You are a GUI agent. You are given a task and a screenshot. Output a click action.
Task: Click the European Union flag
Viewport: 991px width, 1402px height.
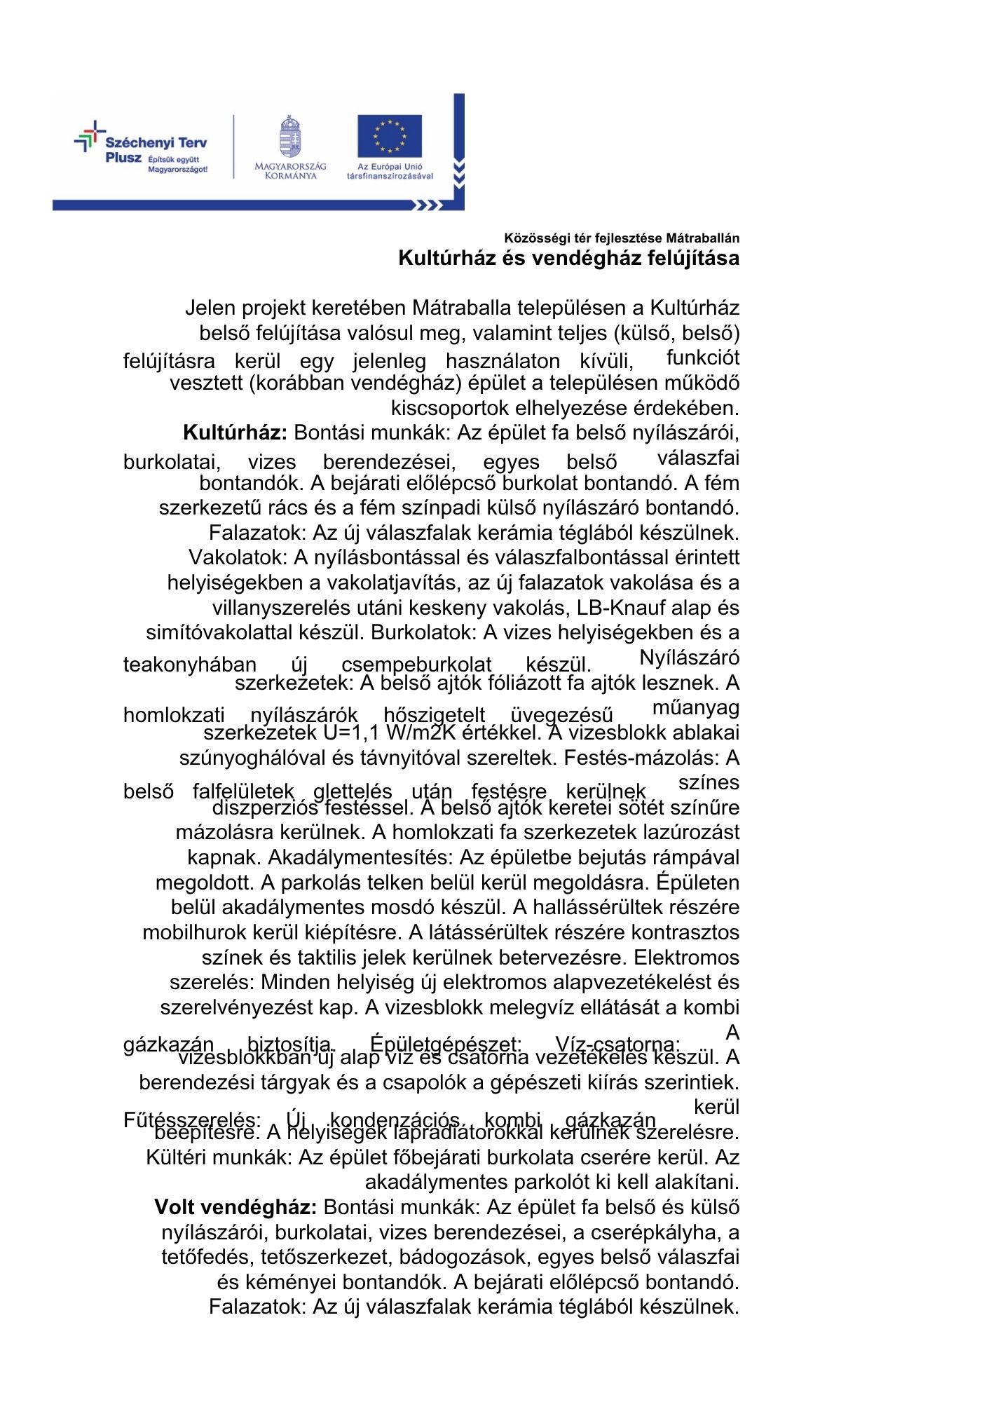click(x=390, y=136)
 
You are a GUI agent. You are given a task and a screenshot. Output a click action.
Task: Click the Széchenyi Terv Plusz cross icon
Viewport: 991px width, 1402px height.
click(x=89, y=136)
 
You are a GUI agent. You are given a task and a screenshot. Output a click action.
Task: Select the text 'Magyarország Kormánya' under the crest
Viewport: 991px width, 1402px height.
click(x=290, y=170)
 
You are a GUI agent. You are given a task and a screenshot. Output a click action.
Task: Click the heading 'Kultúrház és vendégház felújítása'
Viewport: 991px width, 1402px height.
click(x=568, y=258)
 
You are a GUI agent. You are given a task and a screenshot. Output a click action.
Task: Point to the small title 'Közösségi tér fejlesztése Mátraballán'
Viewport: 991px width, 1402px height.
click(x=622, y=238)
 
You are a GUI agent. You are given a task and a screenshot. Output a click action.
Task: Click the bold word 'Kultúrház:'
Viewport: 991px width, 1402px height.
click(x=235, y=433)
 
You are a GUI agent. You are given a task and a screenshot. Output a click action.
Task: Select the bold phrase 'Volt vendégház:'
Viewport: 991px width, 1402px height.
click(x=236, y=1207)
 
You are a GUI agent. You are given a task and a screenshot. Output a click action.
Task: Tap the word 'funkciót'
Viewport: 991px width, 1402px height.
click(x=703, y=358)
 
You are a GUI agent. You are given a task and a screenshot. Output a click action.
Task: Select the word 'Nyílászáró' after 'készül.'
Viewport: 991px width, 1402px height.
click(x=690, y=658)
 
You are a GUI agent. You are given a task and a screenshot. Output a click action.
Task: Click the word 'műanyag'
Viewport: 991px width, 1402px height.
click(x=696, y=708)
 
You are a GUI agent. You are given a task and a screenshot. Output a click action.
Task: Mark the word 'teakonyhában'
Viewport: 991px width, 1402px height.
click(x=190, y=665)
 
